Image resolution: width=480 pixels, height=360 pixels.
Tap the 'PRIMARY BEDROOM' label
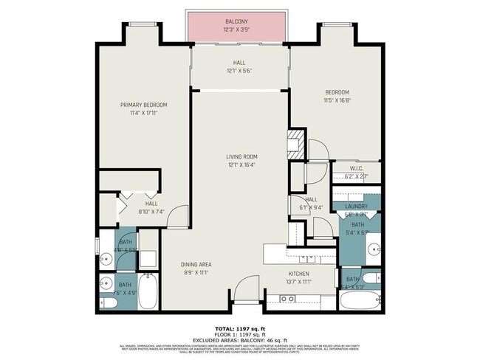(x=144, y=105)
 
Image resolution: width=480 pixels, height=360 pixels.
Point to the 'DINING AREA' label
(x=196, y=263)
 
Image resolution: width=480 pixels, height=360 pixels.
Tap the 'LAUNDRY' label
(x=356, y=207)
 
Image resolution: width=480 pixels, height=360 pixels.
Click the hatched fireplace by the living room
(x=295, y=139)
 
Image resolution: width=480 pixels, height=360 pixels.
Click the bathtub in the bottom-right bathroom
(x=360, y=300)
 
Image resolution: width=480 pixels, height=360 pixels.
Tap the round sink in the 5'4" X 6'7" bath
(x=373, y=247)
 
